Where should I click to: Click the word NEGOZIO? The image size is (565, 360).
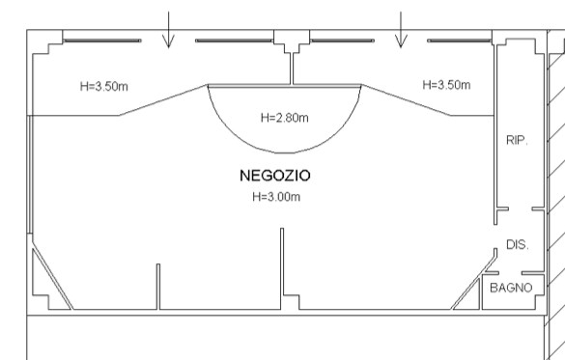tap(274, 177)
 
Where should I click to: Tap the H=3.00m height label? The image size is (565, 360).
tap(275, 197)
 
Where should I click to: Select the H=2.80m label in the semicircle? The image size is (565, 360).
tap(285, 119)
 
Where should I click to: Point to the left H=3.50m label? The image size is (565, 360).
tap(103, 86)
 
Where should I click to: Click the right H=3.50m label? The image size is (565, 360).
tap(446, 85)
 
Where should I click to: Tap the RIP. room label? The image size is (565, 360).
tap(517, 141)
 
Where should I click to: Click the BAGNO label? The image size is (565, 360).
tap(510, 288)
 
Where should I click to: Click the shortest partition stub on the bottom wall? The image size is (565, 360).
tap(158, 287)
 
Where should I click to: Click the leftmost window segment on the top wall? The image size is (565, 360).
tap(101, 42)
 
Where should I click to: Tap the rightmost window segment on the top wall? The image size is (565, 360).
tap(459, 42)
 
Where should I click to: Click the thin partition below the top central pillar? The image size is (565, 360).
tap(293, 67)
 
